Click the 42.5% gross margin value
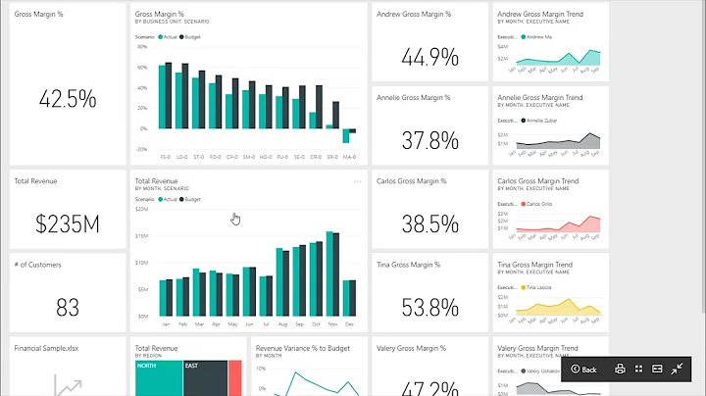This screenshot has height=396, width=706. pyautogui.click(x=68, y=99)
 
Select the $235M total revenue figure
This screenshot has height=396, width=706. pyautogui.click(x=68, y=224)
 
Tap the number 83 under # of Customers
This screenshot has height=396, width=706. pyautogui.click(x=68, y=308)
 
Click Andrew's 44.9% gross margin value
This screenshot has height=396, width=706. pyautogui.click(x=430, y=58)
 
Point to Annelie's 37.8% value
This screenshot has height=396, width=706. pyautogui.click(x=430, y=141)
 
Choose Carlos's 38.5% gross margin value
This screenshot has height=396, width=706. pyautogui.click(x=430, y=224)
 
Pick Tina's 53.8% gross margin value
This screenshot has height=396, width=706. pyautogui.click(x=430, y=308)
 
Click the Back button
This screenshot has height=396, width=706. pyautogui.click(x=583, y=370)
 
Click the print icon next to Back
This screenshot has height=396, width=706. pyautogui.click(x=620, y=370)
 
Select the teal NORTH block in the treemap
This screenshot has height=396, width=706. pyautogui.click(x=158, y=378)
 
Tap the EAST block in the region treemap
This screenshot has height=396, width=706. pyautogui.click(x=205, y=378)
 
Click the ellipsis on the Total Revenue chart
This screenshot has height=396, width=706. pyautogui.click(x=357, y=181)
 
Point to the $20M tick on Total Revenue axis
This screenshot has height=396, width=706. pyautogui.click(x=141, y=209)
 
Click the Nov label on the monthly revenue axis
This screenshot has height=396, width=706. pyautogui.click(x=331, y=323)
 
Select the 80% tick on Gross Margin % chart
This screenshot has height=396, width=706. pyautogui.click(x=142, y=45)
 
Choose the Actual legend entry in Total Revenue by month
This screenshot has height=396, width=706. pyautogui.click(x=168, y=199)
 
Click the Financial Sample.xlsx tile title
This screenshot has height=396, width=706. pyautogui.click(x=42, y=347)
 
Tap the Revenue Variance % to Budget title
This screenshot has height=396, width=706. pyautogui.click(x=301, y=347)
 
